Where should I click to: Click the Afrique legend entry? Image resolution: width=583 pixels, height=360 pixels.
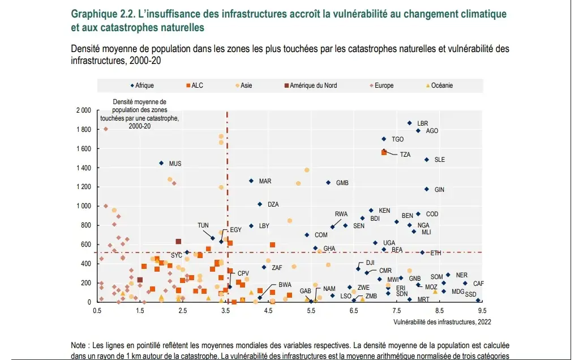point(143,85)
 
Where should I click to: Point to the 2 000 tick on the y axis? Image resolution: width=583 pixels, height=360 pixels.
point(83,110)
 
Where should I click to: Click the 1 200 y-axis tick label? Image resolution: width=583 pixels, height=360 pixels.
point(83,187)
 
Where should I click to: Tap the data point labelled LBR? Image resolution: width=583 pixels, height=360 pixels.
point(409,123)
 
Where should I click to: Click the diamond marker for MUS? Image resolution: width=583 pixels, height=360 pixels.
point(161,163)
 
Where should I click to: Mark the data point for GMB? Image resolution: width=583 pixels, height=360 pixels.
point(328,182)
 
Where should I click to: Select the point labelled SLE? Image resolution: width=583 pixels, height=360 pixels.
point(426,160)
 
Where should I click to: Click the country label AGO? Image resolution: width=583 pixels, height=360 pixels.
point(432,131)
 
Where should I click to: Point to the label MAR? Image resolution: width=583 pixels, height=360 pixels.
point(265,181)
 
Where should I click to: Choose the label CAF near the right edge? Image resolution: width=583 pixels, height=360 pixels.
point(479,284)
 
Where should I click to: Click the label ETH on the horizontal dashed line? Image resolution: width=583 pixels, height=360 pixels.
point(436,253)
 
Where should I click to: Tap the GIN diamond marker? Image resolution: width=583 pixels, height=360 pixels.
point(426,189)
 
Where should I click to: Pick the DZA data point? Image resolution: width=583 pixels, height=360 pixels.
point(259,204)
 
